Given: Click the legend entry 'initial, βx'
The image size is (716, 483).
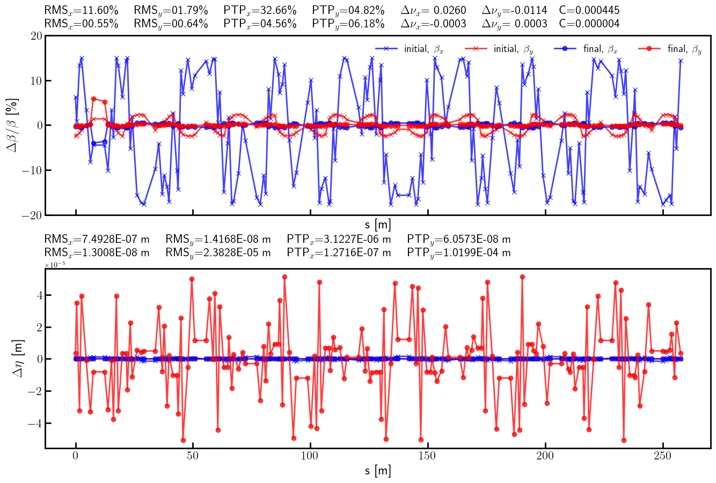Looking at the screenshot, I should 423,49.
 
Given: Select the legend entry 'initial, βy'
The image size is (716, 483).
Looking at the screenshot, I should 513,49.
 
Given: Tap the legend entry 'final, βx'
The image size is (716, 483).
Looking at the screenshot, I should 600,49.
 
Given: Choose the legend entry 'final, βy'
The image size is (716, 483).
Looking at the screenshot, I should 684,49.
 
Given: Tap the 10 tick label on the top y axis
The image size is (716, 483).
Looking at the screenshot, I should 36,81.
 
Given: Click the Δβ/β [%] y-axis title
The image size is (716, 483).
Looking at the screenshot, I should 13,125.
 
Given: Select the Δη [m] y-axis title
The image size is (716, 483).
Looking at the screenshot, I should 17,358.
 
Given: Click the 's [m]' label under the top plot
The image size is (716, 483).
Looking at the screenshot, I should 378,225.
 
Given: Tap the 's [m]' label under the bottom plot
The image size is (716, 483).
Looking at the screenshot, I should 378,471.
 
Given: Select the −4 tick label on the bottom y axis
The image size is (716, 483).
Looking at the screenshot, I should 32,423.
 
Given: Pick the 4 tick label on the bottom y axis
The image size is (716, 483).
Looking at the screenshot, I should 37,295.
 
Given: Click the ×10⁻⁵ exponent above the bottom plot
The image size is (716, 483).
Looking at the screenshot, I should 54,265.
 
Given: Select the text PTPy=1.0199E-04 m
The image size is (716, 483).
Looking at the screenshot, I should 459,252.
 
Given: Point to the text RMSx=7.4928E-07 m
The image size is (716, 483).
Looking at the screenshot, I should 97,239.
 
